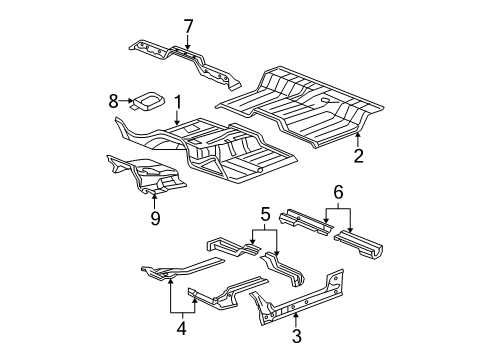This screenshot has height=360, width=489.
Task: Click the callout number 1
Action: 177,101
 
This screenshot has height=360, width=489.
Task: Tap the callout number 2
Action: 357,155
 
